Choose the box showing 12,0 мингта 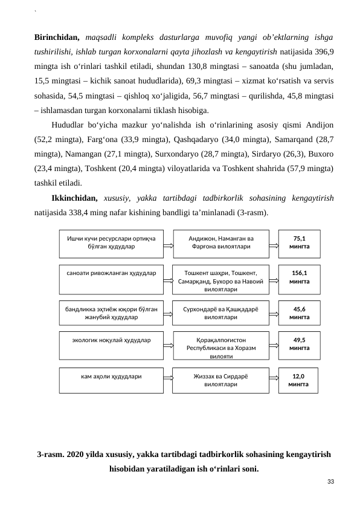(x=298, y=380)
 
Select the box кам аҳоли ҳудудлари (x=111, y=380)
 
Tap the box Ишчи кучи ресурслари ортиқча (x=111, y=242)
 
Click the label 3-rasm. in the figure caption (x=50, y=455)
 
